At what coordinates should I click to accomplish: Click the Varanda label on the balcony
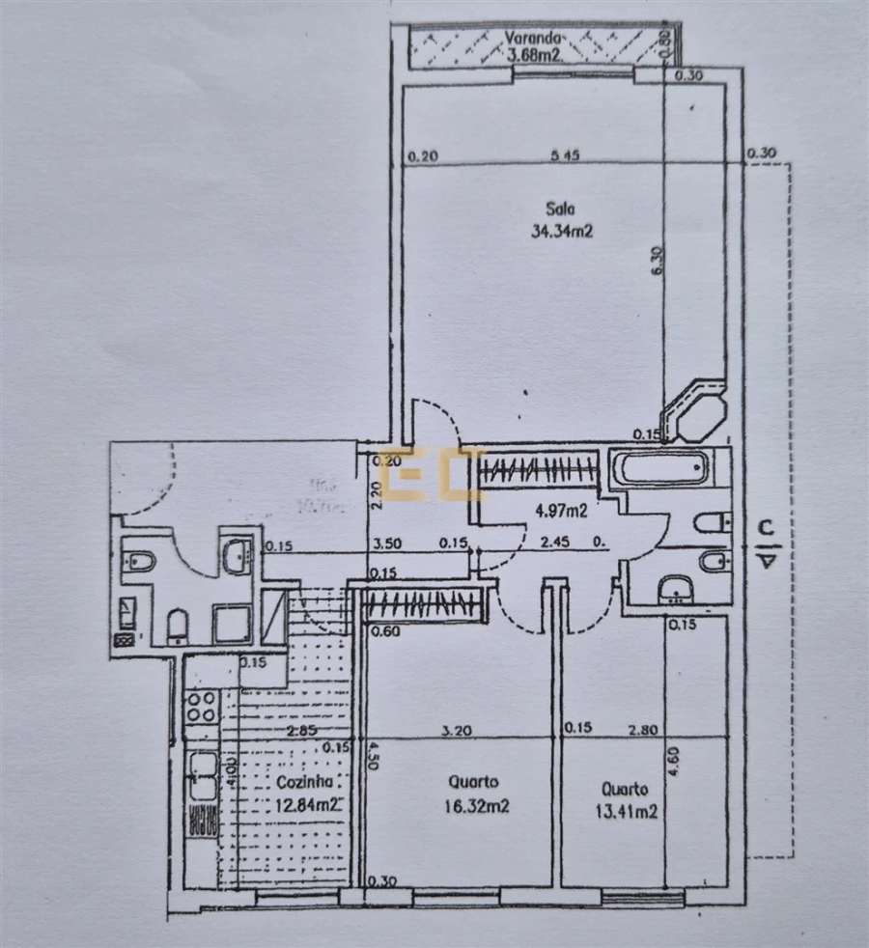(532, 38)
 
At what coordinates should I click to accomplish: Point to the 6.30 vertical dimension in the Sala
(657, 262)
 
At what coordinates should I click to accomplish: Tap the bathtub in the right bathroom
(663, 469)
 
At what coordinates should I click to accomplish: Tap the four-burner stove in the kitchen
(201, 708)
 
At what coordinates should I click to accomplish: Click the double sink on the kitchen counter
(203, 777)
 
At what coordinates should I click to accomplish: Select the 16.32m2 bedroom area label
(479, 805)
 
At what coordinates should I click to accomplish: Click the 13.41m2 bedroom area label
(627, 811)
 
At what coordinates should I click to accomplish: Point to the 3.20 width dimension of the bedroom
(455, 731)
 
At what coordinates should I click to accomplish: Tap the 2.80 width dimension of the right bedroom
(643, 731)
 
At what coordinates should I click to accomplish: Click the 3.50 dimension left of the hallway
(387, 544)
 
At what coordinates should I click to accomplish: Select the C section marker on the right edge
(764, 528)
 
